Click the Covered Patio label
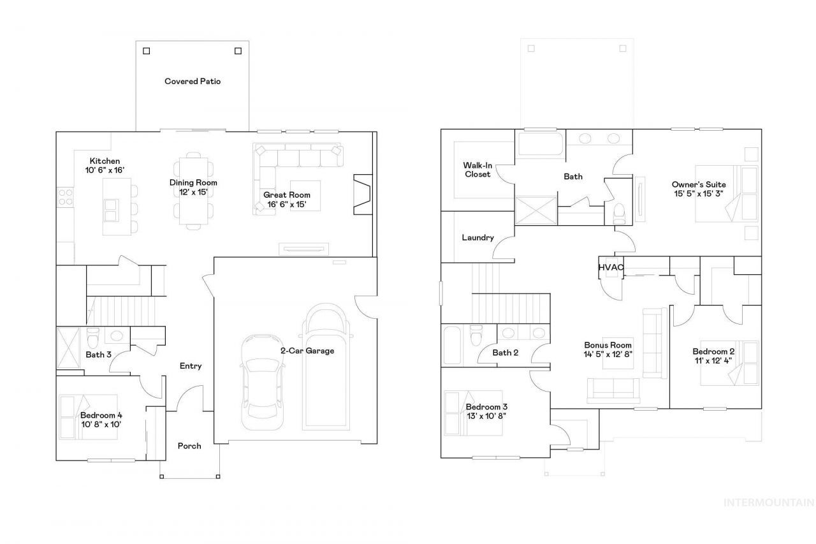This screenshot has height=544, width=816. tap(193, 81)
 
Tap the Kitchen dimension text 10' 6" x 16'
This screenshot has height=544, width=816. tap(105, 170)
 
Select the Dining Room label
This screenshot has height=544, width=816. tap(193, 182)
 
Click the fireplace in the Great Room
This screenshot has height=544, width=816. tap(363, 195)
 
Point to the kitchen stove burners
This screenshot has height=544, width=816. tap(66, 197)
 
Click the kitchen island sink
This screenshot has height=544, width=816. tap(111, 210)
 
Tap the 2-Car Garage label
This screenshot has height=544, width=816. tap(307, 351)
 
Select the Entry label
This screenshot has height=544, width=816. tap(191, 366)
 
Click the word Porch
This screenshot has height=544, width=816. tap(189, 446)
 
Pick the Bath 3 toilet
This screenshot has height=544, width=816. tap(93, 337)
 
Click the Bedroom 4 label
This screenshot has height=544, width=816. tap(101, 415)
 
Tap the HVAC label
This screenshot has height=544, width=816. tap(611, 267)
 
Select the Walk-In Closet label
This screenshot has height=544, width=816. tap(477, 170)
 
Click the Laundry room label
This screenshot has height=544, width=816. tap(477, 238)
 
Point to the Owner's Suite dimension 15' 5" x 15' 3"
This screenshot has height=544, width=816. tap(698, 194)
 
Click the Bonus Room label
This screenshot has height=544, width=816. tap(608, 345)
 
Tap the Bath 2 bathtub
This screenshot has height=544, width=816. tap(452, 345)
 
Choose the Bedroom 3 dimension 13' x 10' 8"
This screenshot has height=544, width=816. tap(486, 416)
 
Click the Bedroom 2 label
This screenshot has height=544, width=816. tap(713, 351)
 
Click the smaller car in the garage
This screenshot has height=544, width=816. tap(262, 382)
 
